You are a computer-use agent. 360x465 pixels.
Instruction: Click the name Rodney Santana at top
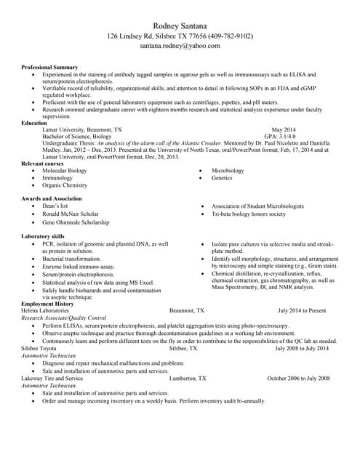[180, 25]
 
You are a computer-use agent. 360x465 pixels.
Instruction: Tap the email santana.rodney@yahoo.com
[180, 46]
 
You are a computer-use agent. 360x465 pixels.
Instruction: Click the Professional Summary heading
[49, 68]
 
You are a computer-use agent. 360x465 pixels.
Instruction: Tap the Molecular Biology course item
[64, 171]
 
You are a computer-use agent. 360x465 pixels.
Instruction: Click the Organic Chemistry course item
[64, 185]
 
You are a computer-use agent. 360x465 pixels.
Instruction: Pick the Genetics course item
[222, 178]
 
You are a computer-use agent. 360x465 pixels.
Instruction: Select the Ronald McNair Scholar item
[70, 214]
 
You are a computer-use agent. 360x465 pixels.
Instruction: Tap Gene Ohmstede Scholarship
[76, 222]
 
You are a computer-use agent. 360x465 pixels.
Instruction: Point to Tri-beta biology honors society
[249, 214]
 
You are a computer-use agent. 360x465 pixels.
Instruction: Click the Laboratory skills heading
[43, 237]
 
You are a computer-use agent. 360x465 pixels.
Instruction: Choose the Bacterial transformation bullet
[71, 259]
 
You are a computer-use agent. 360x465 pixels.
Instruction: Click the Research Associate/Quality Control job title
[64, 318]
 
